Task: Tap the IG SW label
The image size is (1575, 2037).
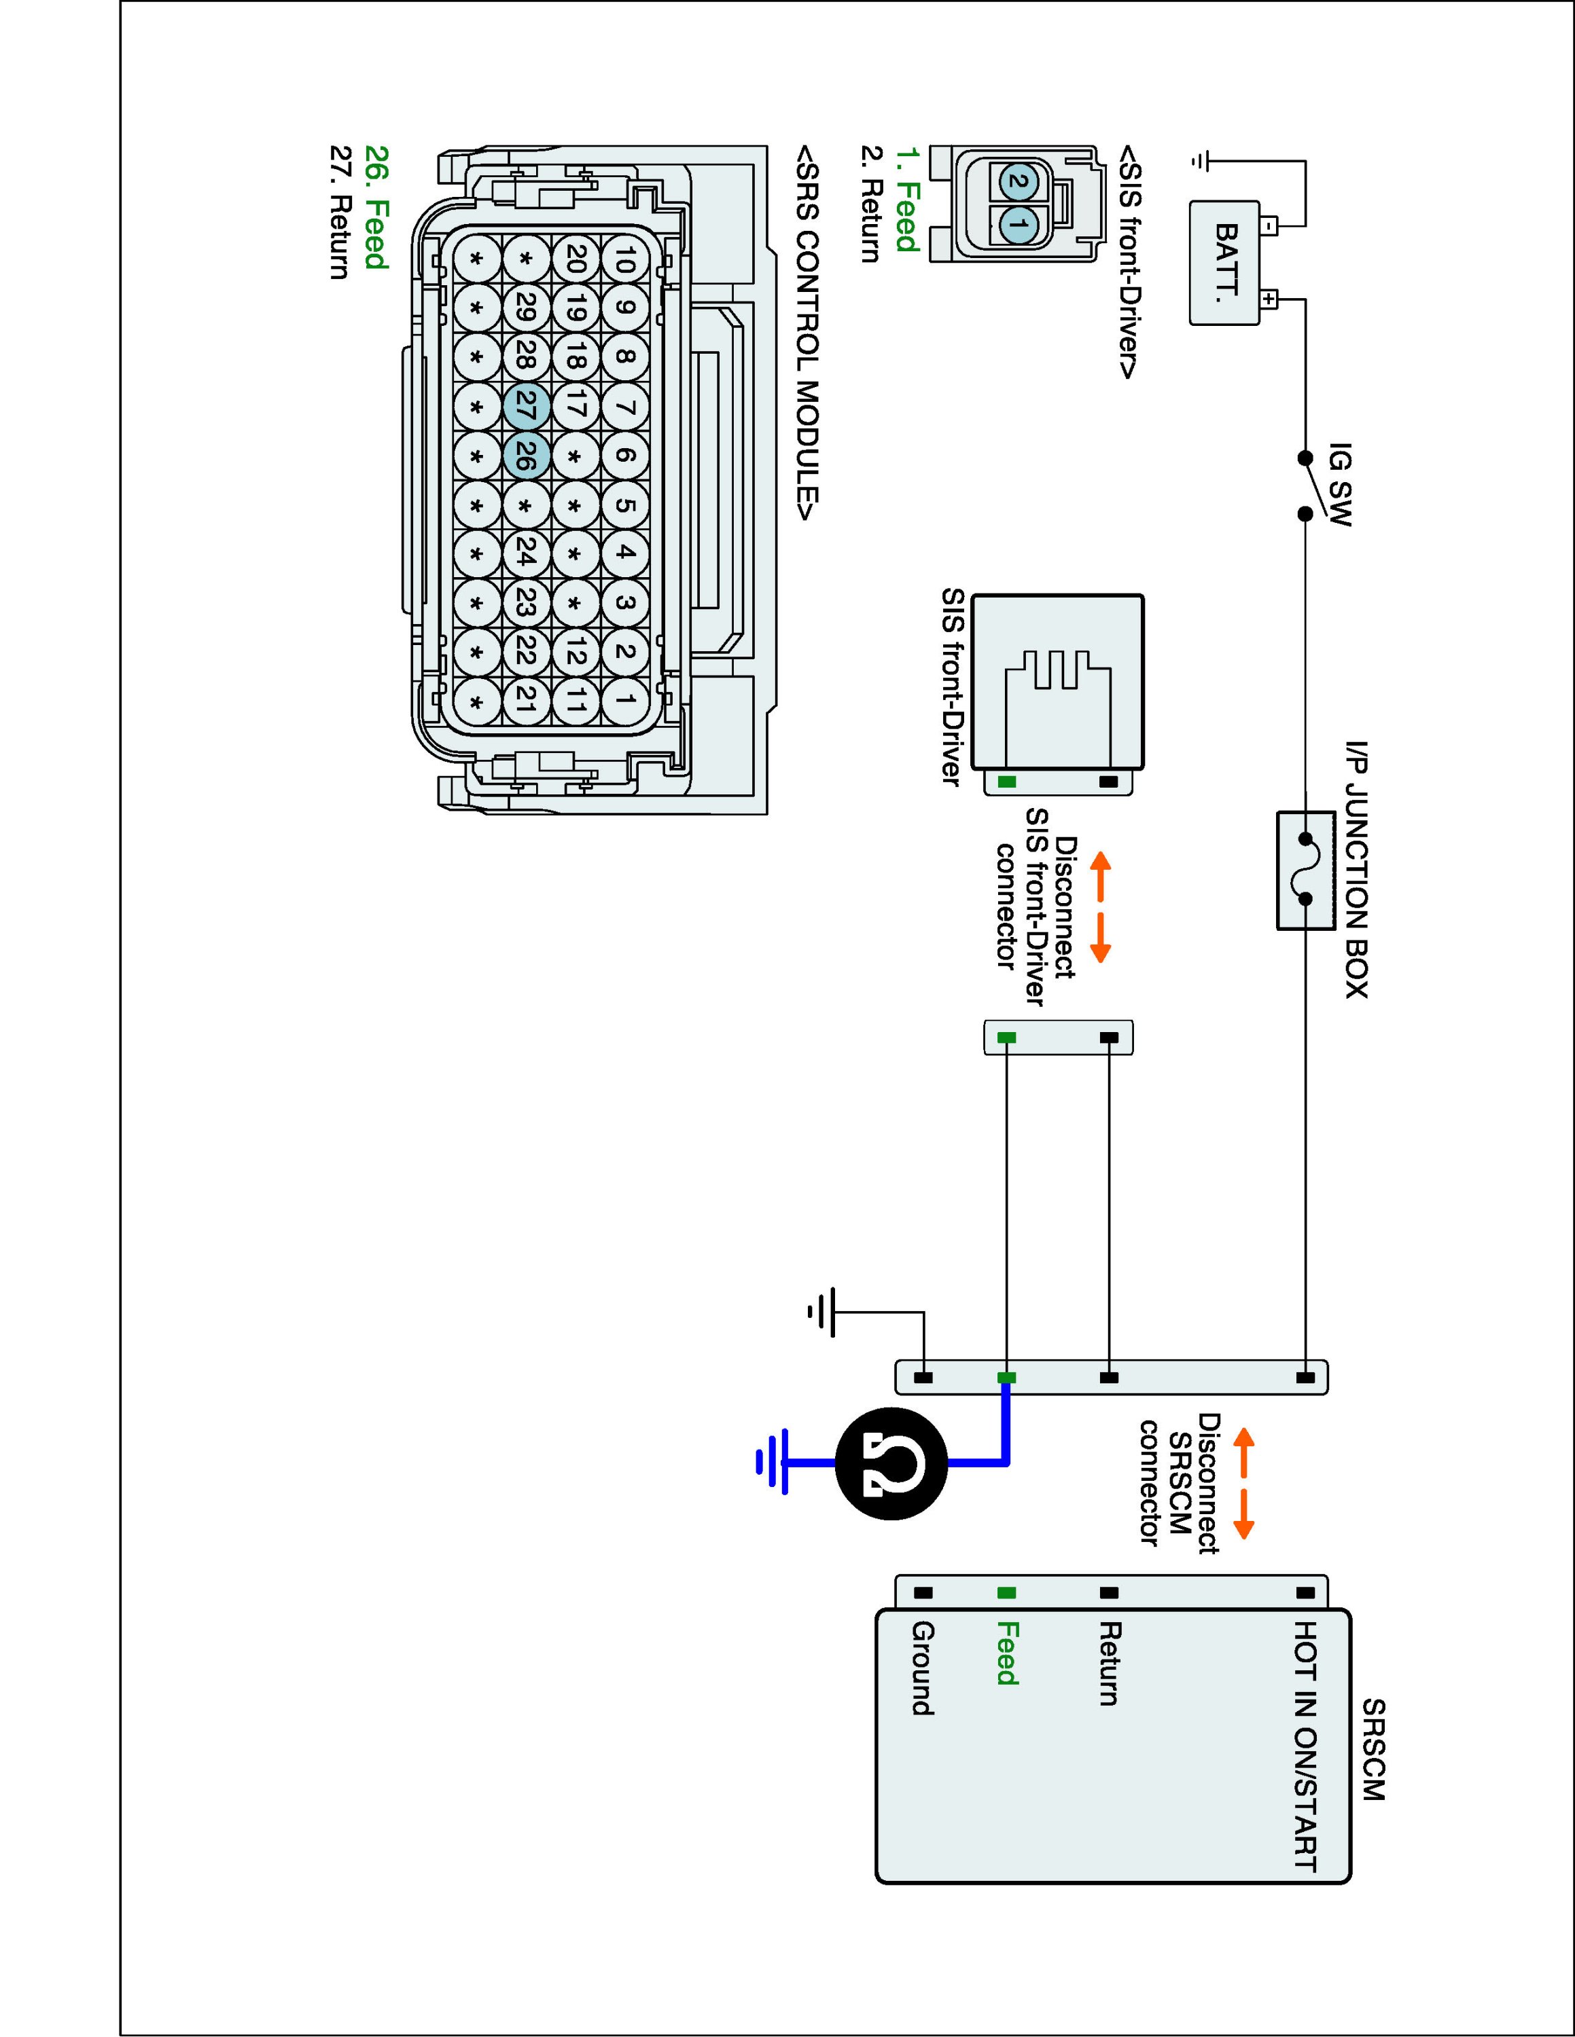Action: click(x=1340, y=484)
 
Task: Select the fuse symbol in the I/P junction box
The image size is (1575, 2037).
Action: click(x=1305, y=869)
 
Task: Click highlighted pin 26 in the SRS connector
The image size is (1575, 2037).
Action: click(x=525, y=456)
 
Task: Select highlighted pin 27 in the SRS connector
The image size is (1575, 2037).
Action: click(x=525, y=407)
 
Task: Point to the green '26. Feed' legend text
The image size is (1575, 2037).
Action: click(x=375, y=207)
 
